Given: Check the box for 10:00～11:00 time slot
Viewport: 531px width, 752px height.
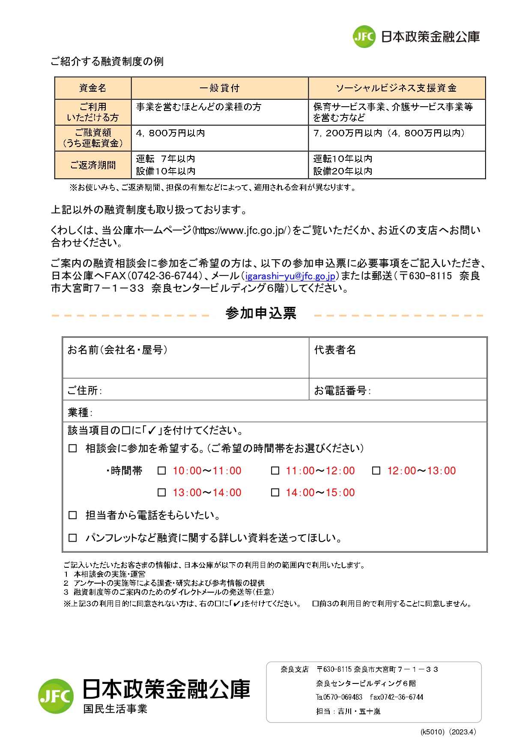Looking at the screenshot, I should pos(162,471).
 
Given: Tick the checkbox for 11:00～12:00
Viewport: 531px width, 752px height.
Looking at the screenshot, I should pos(275,471).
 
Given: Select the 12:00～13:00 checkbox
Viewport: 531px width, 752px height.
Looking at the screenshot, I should pos(376,471).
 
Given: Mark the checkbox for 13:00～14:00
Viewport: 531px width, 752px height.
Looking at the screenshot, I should pos(162,493).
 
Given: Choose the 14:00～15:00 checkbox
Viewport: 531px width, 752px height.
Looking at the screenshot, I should pos(275,493).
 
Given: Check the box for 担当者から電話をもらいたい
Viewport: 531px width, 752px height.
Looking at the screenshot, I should pos(73,515).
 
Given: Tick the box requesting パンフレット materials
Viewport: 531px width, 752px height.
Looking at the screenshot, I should pos(73,538).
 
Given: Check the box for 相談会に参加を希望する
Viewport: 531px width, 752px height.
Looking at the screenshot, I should pos(73,449).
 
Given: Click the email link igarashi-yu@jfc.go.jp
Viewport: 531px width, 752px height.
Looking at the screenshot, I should pos(290,276).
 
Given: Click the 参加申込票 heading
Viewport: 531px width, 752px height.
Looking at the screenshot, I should pos(261,314).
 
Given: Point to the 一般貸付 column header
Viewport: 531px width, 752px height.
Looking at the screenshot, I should pos(220,88).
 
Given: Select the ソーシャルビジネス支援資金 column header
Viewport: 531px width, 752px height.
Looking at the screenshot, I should pos(397,88).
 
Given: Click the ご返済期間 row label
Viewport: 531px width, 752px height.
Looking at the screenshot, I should pos(93,165).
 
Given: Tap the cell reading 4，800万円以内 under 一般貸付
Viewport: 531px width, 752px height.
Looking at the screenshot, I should pos(170,133).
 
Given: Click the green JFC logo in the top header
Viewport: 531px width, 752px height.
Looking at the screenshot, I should pos(364,37).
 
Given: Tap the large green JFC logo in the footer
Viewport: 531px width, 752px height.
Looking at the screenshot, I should pos(56,696).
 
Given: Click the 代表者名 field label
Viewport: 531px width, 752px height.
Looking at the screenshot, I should pos(335,350).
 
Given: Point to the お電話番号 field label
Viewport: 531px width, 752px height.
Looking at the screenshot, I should pos(342,391).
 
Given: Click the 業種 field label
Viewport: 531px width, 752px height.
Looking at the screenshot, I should pos(80,413).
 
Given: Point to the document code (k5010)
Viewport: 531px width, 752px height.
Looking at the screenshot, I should pos(433,732).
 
